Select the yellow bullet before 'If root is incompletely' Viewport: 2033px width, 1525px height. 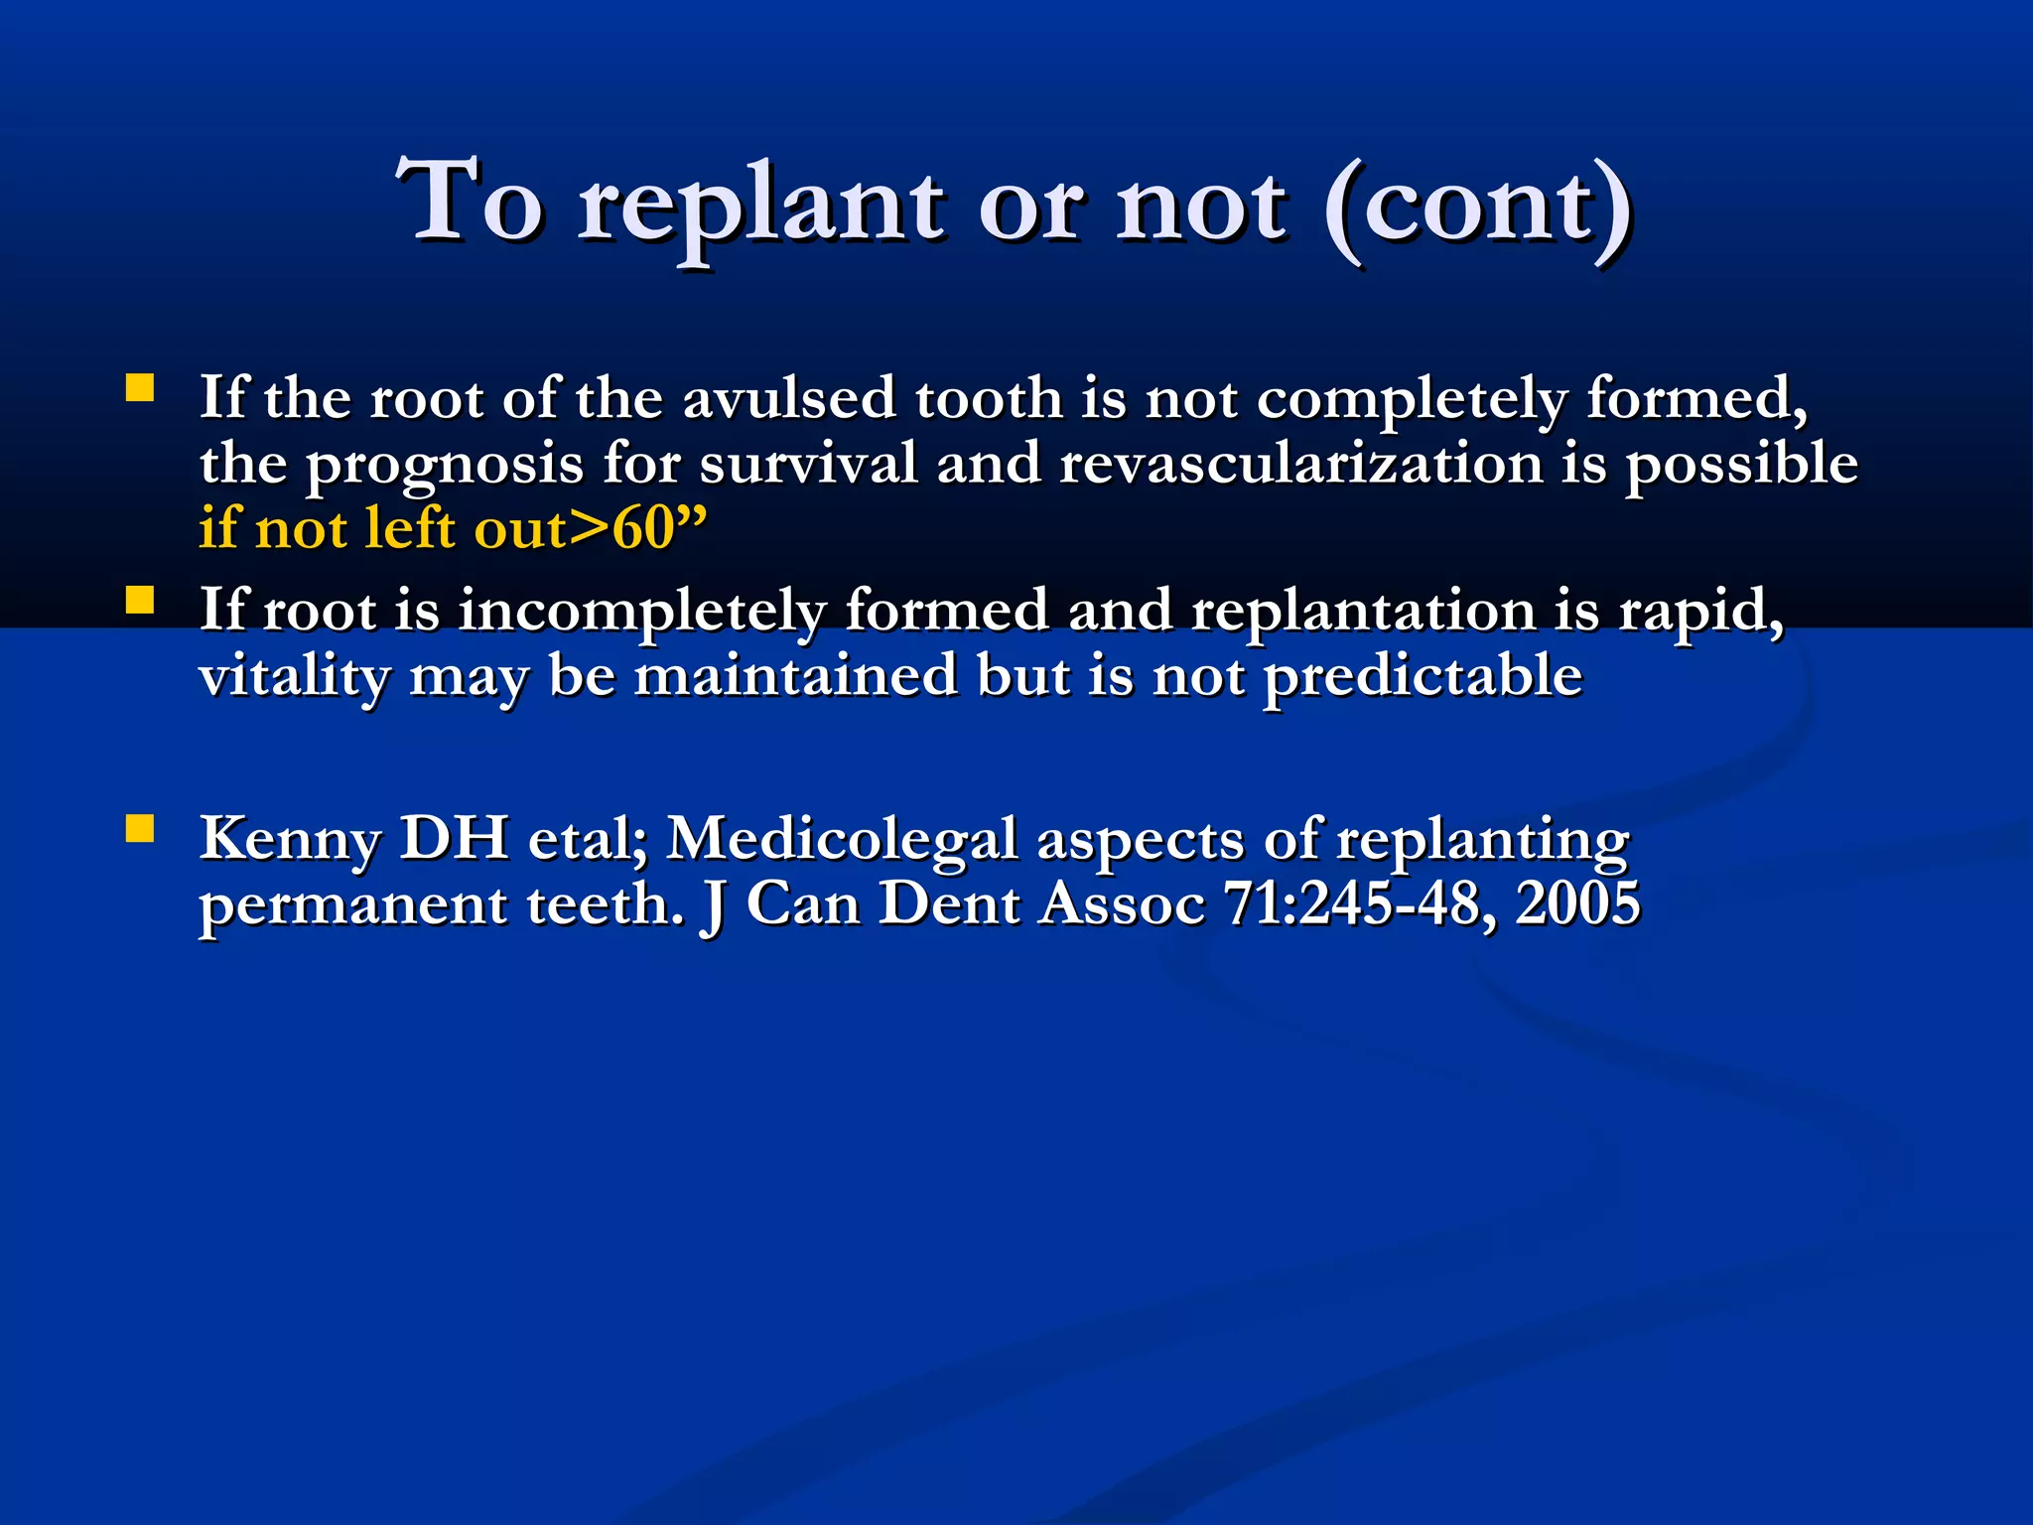click(140, 600)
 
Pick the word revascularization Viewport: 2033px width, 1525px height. click(1300, 464)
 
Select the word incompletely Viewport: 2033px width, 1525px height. click(641, 611)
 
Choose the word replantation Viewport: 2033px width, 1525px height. click(1363, 611)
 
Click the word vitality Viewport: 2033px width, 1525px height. click(294, 677)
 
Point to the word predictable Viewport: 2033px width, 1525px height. click(1423, 677)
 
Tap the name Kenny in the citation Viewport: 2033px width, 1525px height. click(290, 840)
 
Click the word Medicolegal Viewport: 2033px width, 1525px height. click(842, 840)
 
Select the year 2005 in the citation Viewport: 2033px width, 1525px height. click(1577, 904)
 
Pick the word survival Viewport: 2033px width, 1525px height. click(808, 464)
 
